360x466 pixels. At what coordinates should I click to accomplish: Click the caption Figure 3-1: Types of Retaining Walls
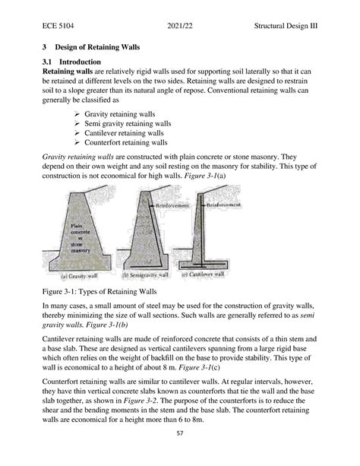[90, 291]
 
